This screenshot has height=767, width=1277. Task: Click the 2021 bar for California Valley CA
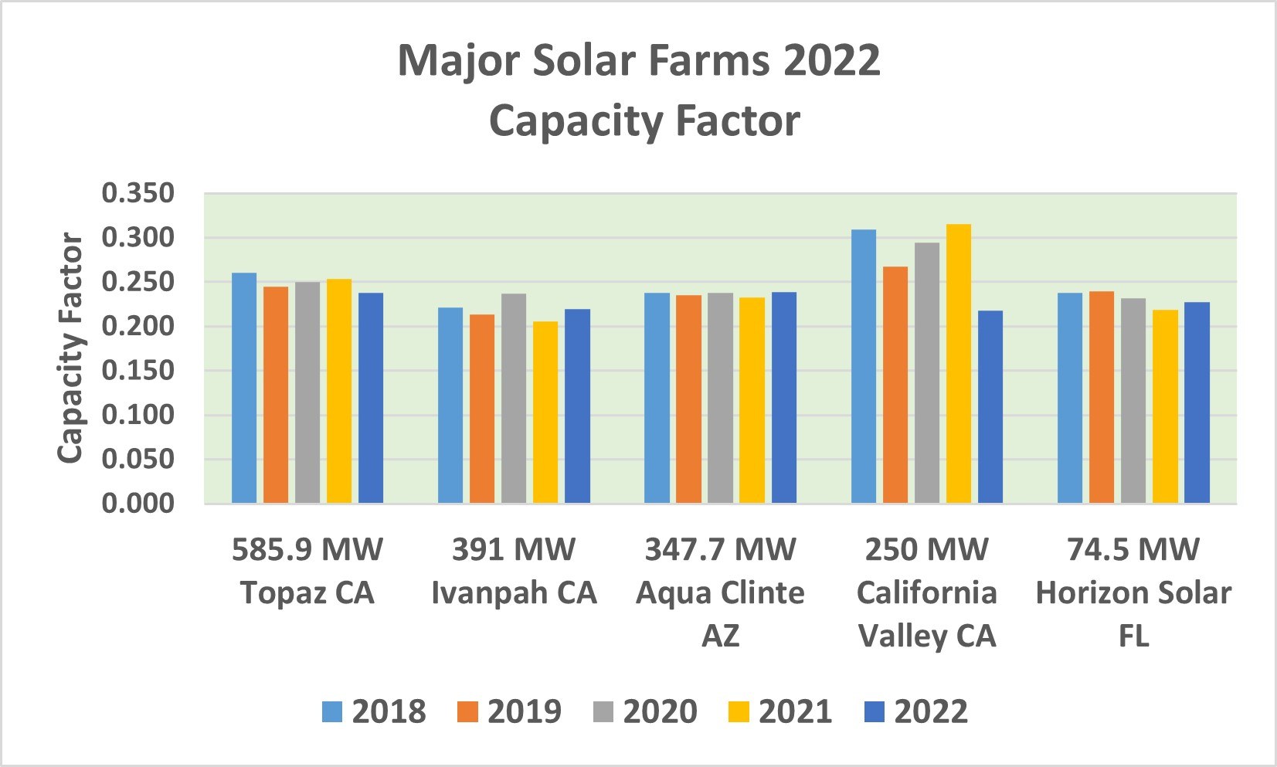pos(959,363)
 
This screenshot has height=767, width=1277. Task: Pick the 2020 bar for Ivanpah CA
pos(514,398)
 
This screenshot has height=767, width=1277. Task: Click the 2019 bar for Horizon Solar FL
pos(1102,397)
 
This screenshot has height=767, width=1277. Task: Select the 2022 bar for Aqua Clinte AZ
pos(784,397)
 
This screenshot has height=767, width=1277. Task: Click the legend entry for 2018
pos(375,711)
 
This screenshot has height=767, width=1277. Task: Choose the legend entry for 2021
pos(781,711)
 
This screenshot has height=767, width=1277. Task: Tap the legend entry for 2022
pos(916,711)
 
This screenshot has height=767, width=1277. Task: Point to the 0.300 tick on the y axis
pos(138,237)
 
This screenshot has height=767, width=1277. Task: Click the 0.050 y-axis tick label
pos(138,459)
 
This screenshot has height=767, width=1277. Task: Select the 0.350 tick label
pos(138,193)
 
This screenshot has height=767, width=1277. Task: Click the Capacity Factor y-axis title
pos(70,348)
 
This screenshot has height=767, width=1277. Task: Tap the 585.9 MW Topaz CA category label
pos(307,571)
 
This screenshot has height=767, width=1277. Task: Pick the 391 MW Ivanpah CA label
pos(514,571)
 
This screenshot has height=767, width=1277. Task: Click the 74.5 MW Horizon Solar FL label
pos(1133,592)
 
